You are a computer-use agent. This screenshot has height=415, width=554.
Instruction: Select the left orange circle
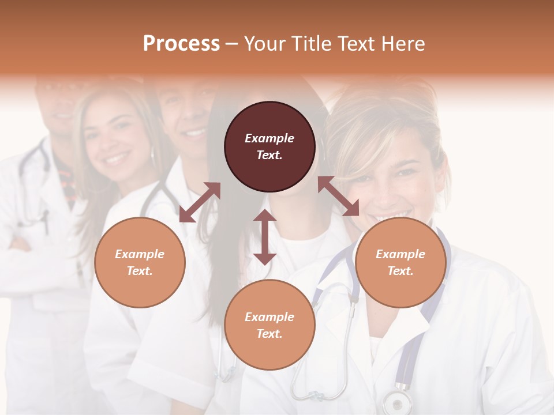coord(140,262)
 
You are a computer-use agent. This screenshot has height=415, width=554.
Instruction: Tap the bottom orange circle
coord(269,325)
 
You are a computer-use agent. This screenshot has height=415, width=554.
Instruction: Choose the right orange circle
coord(400,262)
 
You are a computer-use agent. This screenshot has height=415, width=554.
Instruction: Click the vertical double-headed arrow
coord(265,237)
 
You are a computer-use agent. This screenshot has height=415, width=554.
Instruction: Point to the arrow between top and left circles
coord(200,202)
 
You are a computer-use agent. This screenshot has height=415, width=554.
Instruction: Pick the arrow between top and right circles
coord(338,196)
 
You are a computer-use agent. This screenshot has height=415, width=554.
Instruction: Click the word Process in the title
coord(181,44)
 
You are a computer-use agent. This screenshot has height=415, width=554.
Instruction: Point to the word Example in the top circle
coord(269,138)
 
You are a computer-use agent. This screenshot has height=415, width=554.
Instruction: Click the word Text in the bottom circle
coord(268,334)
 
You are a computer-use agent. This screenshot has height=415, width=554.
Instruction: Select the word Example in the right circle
coord(400,254)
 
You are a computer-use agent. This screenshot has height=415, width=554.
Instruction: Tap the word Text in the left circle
coord(139,271)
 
